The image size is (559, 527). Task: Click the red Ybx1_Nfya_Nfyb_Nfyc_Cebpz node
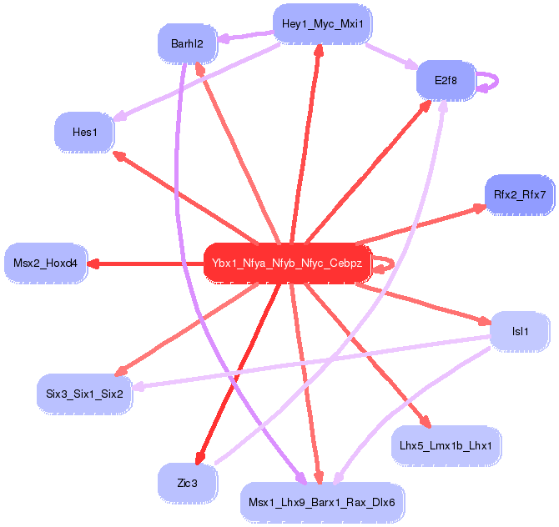pyautogui.click(x=287, y=263)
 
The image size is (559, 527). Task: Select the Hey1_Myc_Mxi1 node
pyautogui.click(x=322, y=23)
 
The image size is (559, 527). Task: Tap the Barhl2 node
pyautogui.click(x=187, y=43)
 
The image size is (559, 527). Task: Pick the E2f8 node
pyautogui.click(x=446, y=81)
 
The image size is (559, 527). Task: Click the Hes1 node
pyautogui.click(x=84, y=132)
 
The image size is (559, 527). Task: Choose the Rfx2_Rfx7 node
pyautogui.click(x=519, y=195)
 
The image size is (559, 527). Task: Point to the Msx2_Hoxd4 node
pyautogui.click(x=45, y=263)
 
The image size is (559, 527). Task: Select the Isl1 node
pyautogui.click(x=520, y=332)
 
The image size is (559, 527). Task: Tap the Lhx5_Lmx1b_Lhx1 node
pyautogui.click(x=446, y=445)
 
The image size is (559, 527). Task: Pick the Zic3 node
pyautogui.click(x=187, y=483)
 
